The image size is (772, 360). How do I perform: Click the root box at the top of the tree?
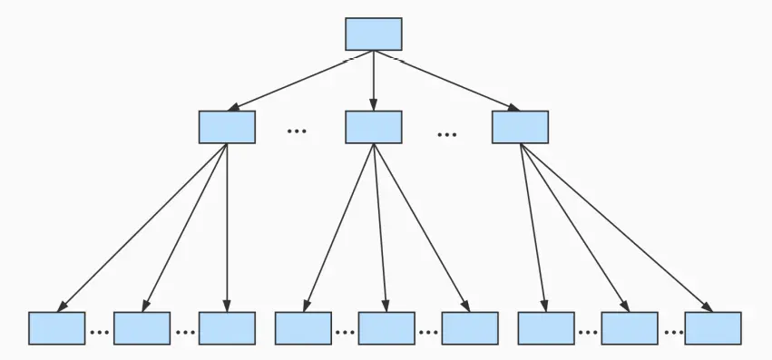[x=373, y=34]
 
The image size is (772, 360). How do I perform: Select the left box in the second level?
[x=227, y=127]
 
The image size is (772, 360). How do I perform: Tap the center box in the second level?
[x=373, y=127]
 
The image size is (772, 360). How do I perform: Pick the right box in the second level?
[x=520, y=127]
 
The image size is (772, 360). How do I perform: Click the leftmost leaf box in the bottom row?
[x=56, y=328]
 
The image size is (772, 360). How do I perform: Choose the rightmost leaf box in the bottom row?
[x=713, y=328]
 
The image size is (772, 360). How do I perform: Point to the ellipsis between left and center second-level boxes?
[x=297, y=131]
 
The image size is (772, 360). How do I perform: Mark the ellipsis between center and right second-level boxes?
[x=446, y=134]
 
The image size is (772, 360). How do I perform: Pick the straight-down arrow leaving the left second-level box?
[x=227, y=227]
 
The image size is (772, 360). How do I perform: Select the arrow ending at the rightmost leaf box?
[x=617, y=227]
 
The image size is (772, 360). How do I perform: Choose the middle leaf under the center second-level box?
[x=386, y=328]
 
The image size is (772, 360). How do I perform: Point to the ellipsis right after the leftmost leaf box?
[x=99, y=332]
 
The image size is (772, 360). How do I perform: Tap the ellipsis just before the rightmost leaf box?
[x=672, y=332]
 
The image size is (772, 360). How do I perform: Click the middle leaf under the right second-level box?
[x=629, y=328]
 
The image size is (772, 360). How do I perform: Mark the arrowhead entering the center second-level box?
[x=373, y=105]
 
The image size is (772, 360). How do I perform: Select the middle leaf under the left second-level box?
[x=142, y=328]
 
